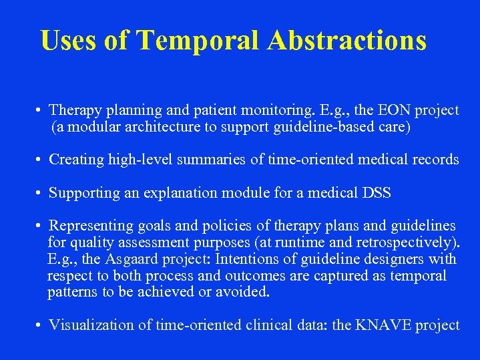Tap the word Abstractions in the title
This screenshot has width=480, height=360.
[x=346, y=41]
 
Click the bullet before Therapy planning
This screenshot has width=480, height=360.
[x=40, y=110]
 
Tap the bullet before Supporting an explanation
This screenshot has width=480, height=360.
[x=40, y=194]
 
